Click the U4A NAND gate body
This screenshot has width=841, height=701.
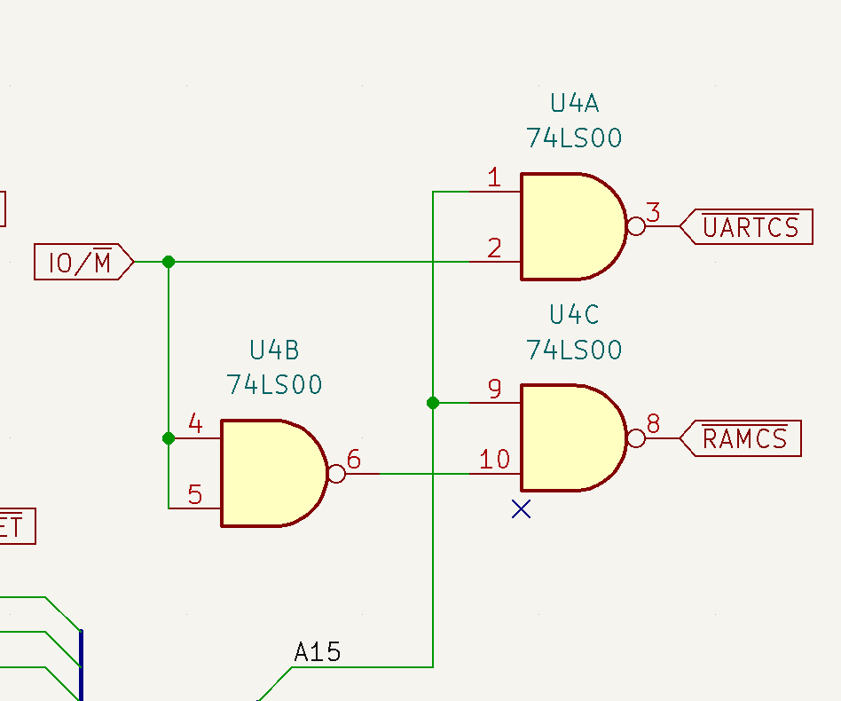click(x=568, y=226)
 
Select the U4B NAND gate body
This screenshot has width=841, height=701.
click(x=268, y=473)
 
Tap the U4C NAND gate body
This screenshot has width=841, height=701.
click(x=568, y=437)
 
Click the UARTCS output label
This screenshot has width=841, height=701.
click(x=750, y=227)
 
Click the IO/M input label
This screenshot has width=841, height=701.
click(x=80, y=262)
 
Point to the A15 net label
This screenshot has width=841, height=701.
click(x=317, y=653)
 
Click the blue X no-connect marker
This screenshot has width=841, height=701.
click(x=521, y=508)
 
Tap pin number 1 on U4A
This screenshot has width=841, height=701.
click(x=494, y=178)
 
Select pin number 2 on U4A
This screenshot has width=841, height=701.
click(x=494, y=248)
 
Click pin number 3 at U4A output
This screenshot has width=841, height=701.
click(x=654, y=213)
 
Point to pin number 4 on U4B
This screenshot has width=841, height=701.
click(x=195, y=424)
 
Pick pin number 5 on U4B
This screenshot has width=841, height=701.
click(x=195, y=494)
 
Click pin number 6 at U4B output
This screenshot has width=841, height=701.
click(x=354, y=460)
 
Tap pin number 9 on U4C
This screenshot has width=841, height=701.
click(x=494, y=390)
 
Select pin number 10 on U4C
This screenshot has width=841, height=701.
click(x=494, y=460)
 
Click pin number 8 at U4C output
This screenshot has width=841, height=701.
click(x=654, y=424)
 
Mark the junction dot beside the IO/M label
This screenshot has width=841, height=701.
click(x=169, y=262)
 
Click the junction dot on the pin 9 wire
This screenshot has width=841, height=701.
click(x=433, y=403)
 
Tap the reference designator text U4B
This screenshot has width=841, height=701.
click(x=274, y=350)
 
